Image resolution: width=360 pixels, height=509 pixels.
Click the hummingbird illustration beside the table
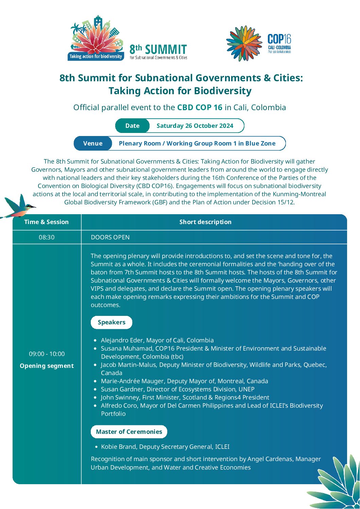coord(19,207)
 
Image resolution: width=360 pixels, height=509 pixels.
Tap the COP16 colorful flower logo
coord(244,44)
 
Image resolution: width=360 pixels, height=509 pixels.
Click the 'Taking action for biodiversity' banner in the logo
coord(96,56)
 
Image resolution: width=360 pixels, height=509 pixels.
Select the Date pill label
coord(132,126)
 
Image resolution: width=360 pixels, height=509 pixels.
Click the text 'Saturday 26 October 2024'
coord(195,126)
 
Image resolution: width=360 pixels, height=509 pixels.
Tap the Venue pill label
coord(93,143)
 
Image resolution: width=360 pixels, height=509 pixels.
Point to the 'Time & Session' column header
coord(46,222)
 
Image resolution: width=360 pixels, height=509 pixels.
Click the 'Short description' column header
coord(205,222)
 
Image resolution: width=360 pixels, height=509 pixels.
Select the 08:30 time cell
coord(47,237)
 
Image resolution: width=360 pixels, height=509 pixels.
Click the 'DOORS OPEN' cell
coord(110,237)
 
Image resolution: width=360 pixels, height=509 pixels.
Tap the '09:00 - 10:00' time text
coord(47,354)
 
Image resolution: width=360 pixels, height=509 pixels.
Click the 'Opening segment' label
coord(47,366)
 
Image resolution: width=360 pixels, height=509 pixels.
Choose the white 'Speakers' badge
coord(112,322)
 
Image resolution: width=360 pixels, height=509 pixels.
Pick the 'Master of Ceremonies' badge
coord(129,432)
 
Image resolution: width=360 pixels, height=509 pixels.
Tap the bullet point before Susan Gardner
coord(95,389)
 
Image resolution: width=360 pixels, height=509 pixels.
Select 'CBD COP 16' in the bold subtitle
coord(200,107)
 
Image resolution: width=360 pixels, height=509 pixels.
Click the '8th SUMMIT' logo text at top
coord(158,50)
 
